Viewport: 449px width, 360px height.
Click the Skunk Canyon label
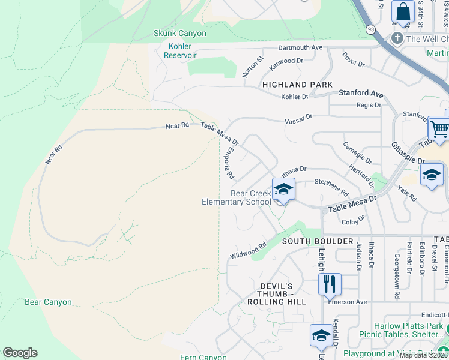pyautogui.click(x=179, y=34)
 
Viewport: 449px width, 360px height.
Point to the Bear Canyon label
pyautogui.click(x=48, y=302)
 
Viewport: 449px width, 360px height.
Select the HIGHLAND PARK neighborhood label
pyautogui.click(x=297, y=85)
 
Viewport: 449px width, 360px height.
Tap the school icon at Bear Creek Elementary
pyautogui.click(x=283, y=190)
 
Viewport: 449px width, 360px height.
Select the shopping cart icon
pyautogui.click(x=439, y=129)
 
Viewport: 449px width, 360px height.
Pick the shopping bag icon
pyautogui.click(x=403, y=12)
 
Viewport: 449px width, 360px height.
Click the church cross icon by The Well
pyautogui.click(x=397, y=39)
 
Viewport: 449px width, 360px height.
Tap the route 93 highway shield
pyautogui.click(x=371, y=29)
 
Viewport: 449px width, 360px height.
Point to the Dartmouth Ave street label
pyautogui.click(x=300, y=47)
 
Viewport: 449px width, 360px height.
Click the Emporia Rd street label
pyautogui.click(x=228, y=164)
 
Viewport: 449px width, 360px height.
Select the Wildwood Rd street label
pyautogui.click(x=247, y=251)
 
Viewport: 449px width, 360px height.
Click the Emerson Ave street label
pyautogui.click(x=347, y=302)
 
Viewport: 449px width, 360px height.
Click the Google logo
pyautogui.click(x=20, y=353)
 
